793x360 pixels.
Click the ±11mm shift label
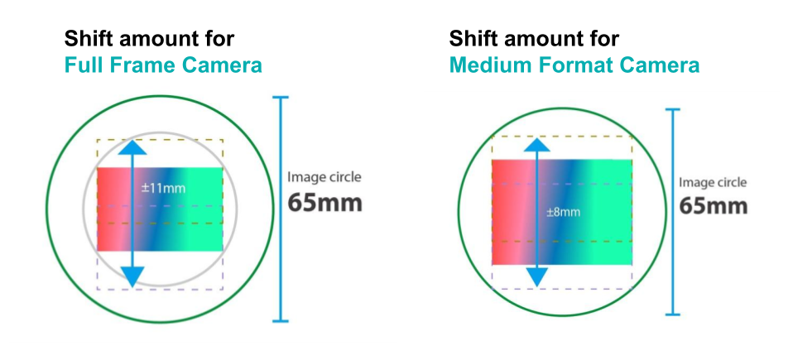163,189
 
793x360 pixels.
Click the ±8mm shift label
563,213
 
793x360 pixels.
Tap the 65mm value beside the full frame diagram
324,203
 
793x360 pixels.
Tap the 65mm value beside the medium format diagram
713,206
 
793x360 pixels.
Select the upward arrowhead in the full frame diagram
132,147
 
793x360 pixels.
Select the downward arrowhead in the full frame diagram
132,277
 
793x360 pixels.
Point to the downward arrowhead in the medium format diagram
536,277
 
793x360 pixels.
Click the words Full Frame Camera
163,65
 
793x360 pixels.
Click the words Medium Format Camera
574,65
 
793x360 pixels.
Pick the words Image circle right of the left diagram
324,177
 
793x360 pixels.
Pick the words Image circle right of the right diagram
712,183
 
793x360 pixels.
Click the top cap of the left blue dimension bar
280,98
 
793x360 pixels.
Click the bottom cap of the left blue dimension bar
280,320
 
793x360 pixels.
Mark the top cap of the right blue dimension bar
673,109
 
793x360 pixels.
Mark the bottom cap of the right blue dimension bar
673,314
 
